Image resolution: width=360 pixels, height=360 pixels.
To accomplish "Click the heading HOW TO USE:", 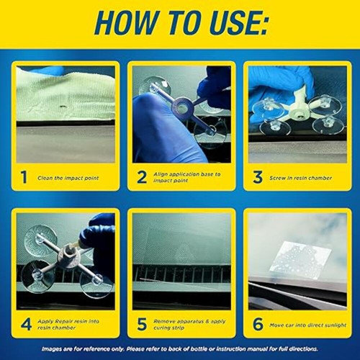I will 180,23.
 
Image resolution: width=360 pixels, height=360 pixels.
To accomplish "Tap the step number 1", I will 24,177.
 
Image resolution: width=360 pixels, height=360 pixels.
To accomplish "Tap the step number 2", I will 142,177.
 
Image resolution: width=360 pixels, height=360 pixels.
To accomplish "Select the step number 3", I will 257,177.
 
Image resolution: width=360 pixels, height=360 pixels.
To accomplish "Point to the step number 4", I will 26,324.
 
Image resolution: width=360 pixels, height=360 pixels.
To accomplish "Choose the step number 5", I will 142,324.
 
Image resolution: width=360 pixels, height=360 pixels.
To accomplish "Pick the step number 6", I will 257,324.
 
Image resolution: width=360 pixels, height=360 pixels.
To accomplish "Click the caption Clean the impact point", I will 69,178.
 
